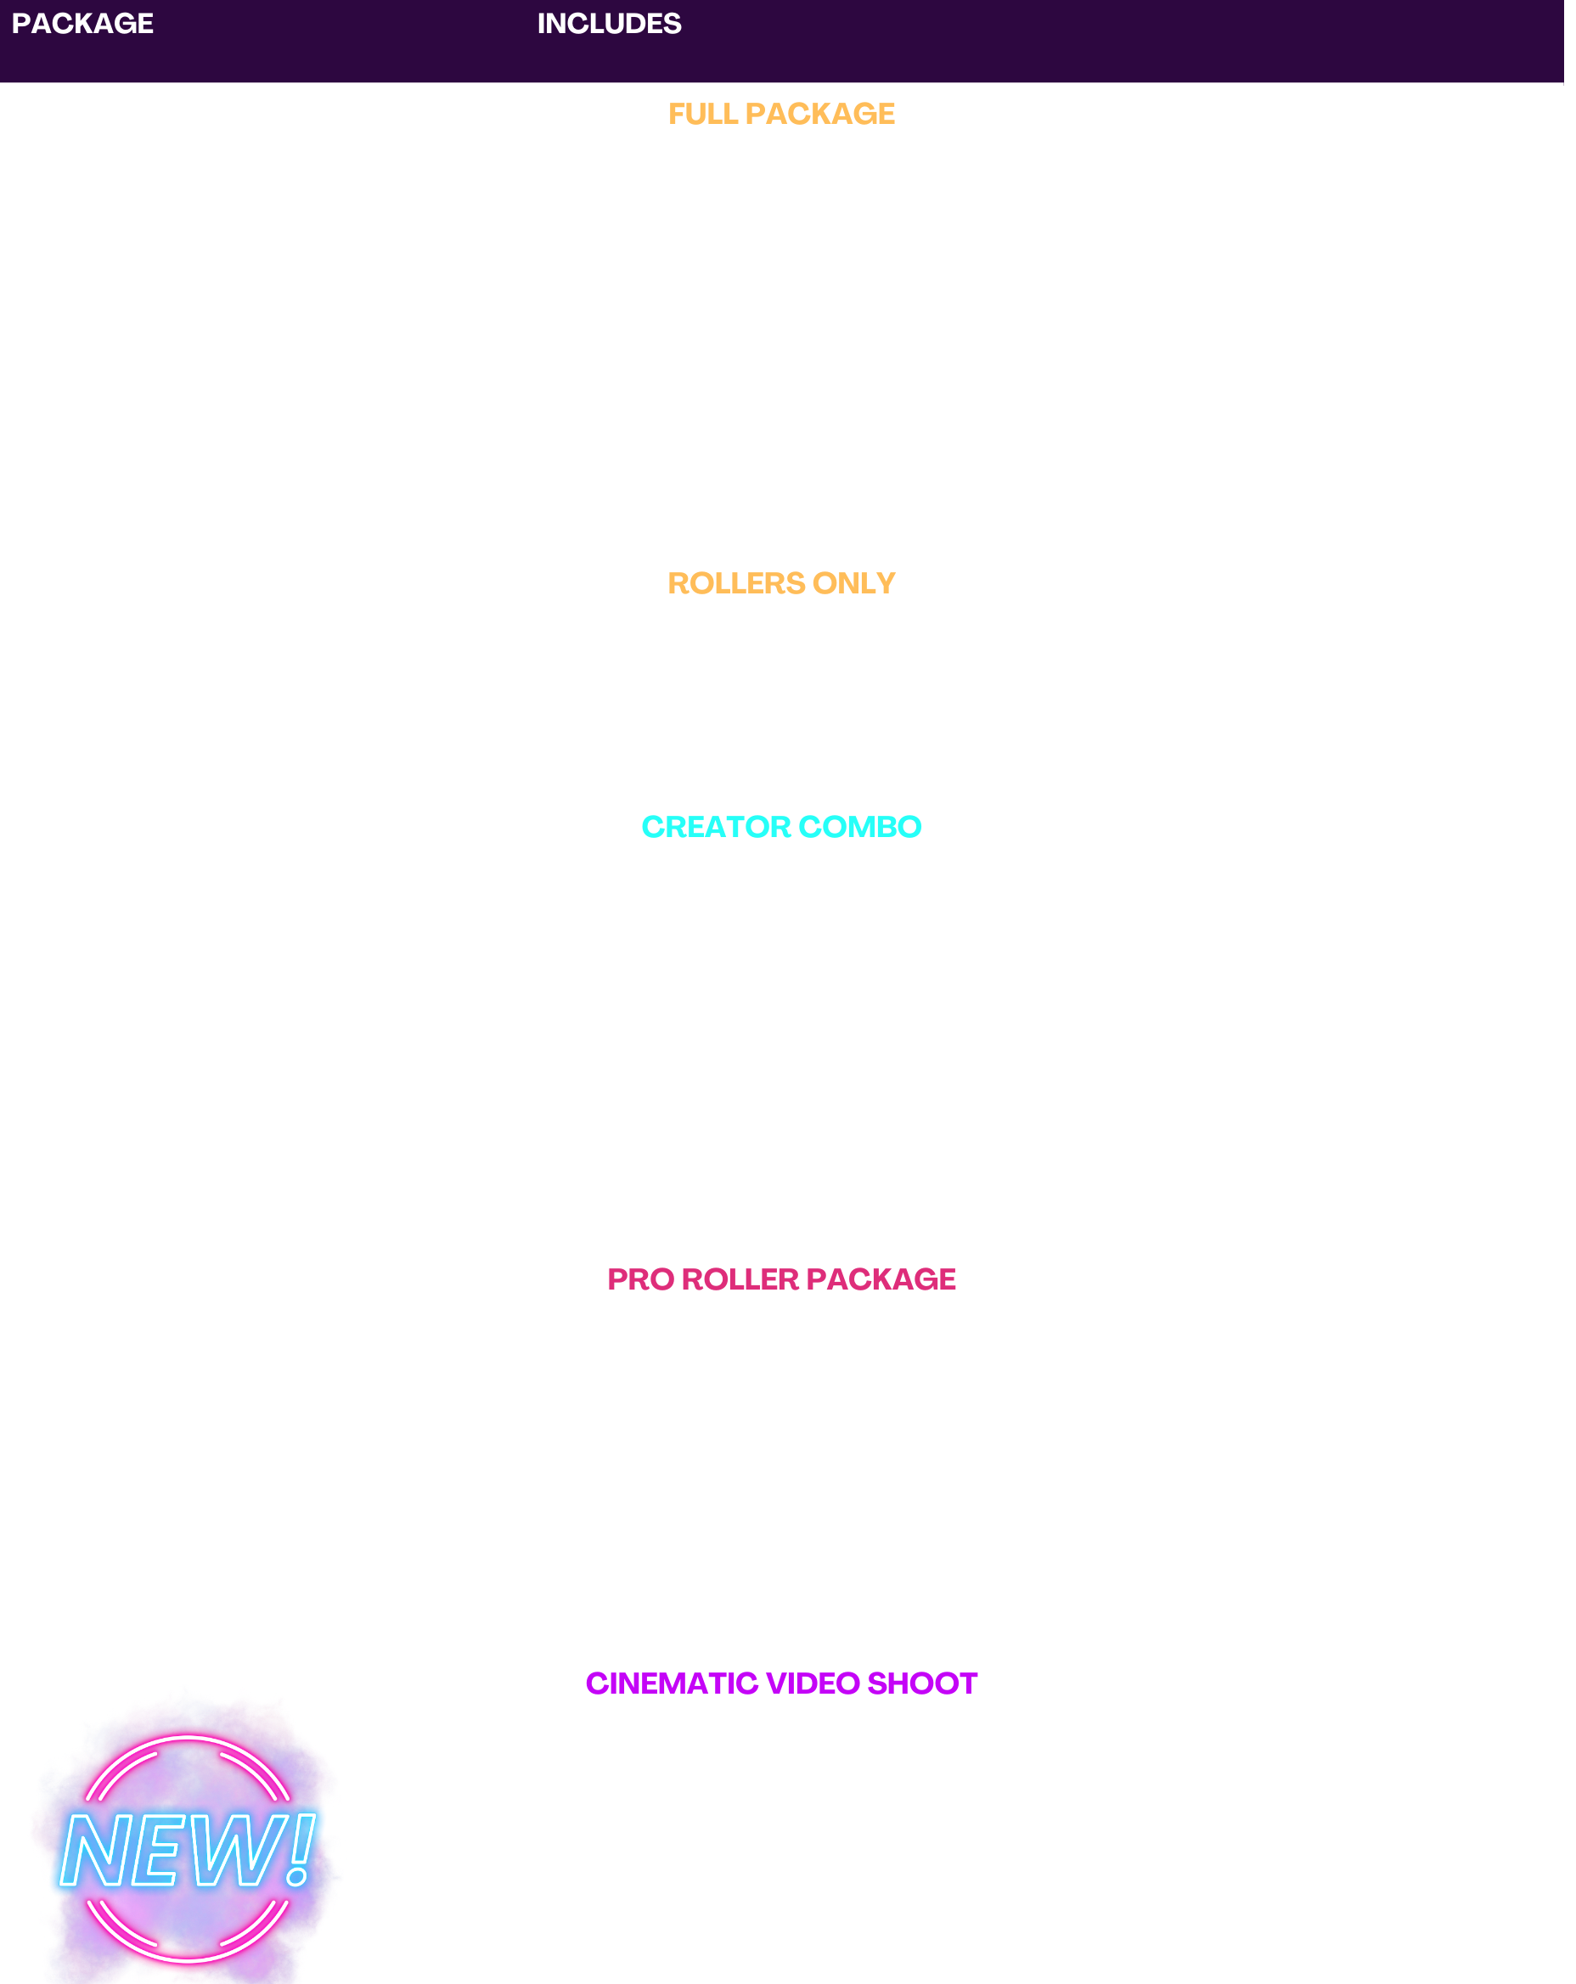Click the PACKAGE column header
82,24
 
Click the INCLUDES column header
609,24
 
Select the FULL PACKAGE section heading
780,113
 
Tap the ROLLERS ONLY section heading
780,583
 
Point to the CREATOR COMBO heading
780,826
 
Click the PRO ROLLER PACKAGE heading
780,1279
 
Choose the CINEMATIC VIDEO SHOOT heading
780,1683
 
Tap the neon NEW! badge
187,1850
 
